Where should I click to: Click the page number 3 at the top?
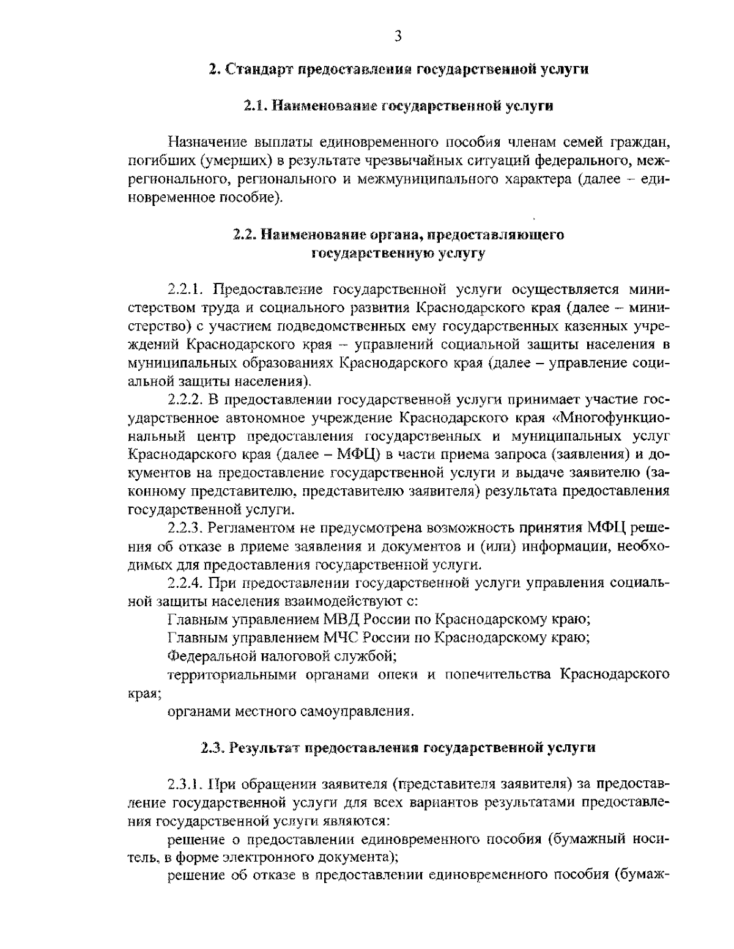(x=398, y=36)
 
